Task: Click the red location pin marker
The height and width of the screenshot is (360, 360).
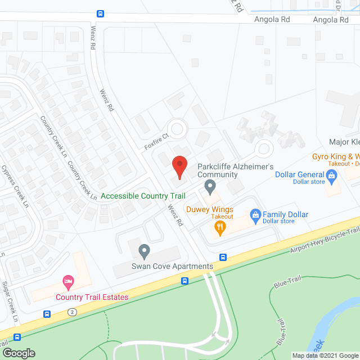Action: pyautogui.click(x=179, y=165)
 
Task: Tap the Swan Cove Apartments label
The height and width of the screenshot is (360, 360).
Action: pyautogui.click(x=172, y=266)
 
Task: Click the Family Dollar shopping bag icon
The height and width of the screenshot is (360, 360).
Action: pyautogui.click(x=255, y=215)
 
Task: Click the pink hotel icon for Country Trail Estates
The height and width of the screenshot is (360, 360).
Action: pyautogui.click(x=68, y=281)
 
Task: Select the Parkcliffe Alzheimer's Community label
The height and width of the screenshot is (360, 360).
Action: pyautogui.click(x=235, y=171)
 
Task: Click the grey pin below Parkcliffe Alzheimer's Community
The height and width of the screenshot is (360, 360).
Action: pyautogui.click(x=210, y=185)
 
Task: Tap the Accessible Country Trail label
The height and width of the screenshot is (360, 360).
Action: pyautogui.click(x=143, y=196)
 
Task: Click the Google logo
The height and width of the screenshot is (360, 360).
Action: pyautogui.click(x=19, y=353)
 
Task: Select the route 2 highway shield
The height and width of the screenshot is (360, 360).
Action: pyautogui.click(x=72, y=311)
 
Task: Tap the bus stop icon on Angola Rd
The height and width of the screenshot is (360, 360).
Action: pyautogui.click(x=100, y=14)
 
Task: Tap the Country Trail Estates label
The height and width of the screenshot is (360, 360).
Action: pyautogui.click(x=92, y=298)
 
